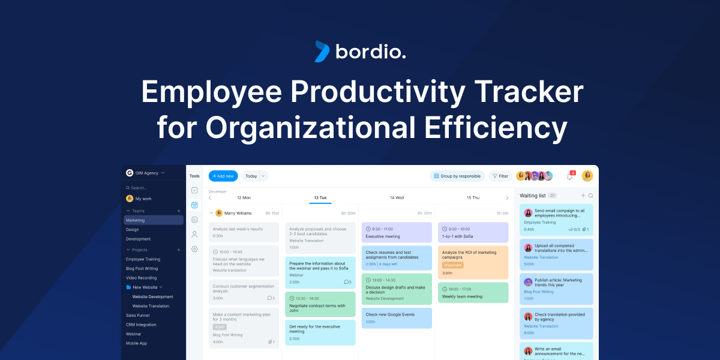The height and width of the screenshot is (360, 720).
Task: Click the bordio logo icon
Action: click(x=322, y=52)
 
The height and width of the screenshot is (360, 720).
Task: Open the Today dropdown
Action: click(x=255, y=176)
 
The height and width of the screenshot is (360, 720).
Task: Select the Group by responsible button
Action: click(x=457, y=176)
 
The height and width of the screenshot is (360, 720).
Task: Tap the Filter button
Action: click(x=500, y=176)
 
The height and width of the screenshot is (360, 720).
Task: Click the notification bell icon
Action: click(x=569, y=176)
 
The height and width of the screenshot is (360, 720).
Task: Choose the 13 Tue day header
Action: click(x=320, y=197)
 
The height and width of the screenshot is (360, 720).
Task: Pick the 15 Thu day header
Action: click(x=473, y=197)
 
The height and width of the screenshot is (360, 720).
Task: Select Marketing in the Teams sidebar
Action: click(x=154, y=220)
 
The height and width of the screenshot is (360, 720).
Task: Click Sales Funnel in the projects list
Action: click(x=138, y=315)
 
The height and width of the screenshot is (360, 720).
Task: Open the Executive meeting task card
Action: click(x=396, y=232)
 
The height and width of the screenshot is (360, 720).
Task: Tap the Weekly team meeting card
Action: click(x=473, y=292)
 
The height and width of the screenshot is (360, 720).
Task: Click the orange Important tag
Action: click(x=452, y=265)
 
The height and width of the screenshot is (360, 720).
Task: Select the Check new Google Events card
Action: click(x=396, y=318)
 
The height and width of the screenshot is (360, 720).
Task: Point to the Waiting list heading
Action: click(x=533, y=196)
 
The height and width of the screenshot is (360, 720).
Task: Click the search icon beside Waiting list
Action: click(x=591, y=196)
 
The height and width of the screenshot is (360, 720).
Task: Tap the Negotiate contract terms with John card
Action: click(x=320, y=304)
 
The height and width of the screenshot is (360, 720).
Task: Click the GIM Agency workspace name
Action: click(x=147, y=173)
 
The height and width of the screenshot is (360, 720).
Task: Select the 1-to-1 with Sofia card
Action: click(x=473, y=232)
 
